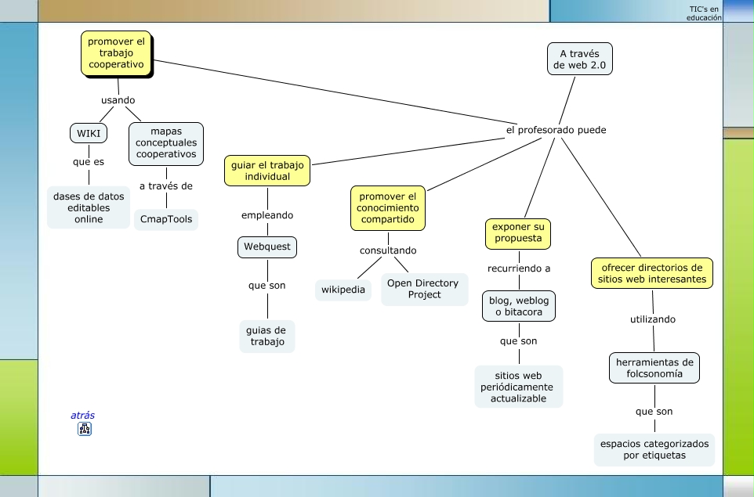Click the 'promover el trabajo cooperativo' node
click(x=116, y=53)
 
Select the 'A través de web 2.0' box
click(x=579, y=59)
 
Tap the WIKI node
click(x=88, y=133)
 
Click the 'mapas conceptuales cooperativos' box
click(x=166, y=143)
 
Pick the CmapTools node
click(x=166, y=219)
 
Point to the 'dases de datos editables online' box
click(x=89, y=208)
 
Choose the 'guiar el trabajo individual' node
click(x=267, y=171)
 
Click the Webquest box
click(x=267, y=247)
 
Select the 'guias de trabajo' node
click(x=267, y=336)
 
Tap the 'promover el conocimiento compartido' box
click(x=388, y=208)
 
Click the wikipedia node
click(x=343, y=290)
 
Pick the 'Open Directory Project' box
click(x=424, y=289)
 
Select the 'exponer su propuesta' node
click(x=517, y=232)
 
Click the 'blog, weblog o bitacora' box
click(x=519, y=306)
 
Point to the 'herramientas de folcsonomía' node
click(x=654, y=368)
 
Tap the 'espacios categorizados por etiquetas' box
click(x=654, y=449)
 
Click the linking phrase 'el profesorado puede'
click(x=556, y=130)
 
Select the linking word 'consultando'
click(x=388, y=251)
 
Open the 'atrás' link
click(x=83, y=416)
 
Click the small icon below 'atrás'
click(x=85, y=429)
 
